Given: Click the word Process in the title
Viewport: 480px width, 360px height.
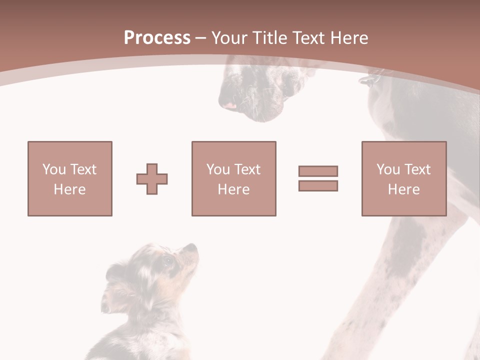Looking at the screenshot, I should (157, 38).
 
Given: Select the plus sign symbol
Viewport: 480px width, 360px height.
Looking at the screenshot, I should (152, 179).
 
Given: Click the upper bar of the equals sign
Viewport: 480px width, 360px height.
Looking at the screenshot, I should (318, 171).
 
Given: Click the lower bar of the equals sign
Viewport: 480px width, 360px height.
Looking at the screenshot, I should (318, 185).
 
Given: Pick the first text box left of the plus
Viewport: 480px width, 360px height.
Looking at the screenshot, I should (69, 178).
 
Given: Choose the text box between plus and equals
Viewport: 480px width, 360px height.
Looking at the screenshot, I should (233, 178).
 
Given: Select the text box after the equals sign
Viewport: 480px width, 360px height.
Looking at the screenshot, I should (403, 178).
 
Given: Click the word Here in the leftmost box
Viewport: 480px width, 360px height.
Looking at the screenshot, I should (69, 189).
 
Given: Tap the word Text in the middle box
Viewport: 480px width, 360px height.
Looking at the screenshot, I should (247, 169).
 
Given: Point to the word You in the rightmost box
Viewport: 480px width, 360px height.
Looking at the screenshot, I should (388, 169).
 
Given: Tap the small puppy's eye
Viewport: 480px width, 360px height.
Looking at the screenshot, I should (167, 260).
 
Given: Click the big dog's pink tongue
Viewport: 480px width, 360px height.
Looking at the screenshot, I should (229, 105).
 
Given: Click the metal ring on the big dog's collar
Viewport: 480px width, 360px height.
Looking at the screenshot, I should (367, 80).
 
